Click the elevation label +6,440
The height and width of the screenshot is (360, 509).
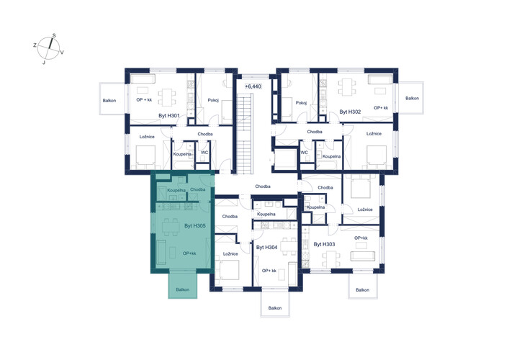[x=253, y=86]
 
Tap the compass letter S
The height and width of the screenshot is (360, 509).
[x=54, y=35]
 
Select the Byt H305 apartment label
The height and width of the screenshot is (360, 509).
[x=195, y=225]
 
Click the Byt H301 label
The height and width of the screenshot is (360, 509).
[x=168, y=115]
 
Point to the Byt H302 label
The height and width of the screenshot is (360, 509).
[x=351, y=112]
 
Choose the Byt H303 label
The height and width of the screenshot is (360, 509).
[x=324, y=244]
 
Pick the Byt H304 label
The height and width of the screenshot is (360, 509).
[x=267, y=247]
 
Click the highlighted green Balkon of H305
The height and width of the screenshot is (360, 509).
[x=182, y=284]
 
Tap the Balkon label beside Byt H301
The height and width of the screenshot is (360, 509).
[x=109, y=100]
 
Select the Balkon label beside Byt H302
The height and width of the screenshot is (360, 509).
[x=413, y=98]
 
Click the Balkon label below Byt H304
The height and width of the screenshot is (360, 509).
[x=275, y=307]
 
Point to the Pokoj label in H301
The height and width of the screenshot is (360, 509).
[x=213, y=100]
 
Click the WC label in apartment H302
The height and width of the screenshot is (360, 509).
[x=304, y=153]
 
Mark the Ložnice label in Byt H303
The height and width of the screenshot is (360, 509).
[x=365, y=210]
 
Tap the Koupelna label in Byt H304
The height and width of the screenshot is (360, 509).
[x=266, y=215]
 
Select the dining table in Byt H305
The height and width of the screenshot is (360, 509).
[x=171, y=227]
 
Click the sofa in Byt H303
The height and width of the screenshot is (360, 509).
[x=363, y=256]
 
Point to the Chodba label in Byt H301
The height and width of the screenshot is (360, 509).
[x=205, y=134]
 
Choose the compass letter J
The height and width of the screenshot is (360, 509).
[x=44, y=63]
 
